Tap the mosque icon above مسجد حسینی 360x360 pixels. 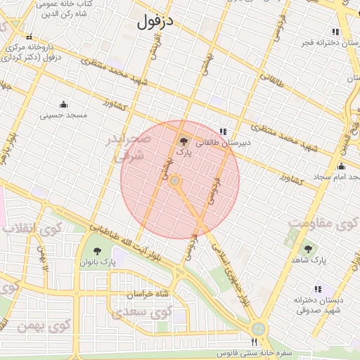tap(65, 104)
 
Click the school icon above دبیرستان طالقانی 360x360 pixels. tap(223, 131)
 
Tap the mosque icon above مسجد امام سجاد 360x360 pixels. tap(342, 167)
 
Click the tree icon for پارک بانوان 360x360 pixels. tap(96, 251)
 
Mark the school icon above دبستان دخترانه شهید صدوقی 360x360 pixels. tap(319, 288)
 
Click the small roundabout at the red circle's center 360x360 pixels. tap(176, 181)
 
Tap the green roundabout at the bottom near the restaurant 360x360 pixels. tap(259, 328)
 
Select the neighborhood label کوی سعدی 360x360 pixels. tap(152, 311)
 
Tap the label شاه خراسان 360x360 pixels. tap(148, 295)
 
